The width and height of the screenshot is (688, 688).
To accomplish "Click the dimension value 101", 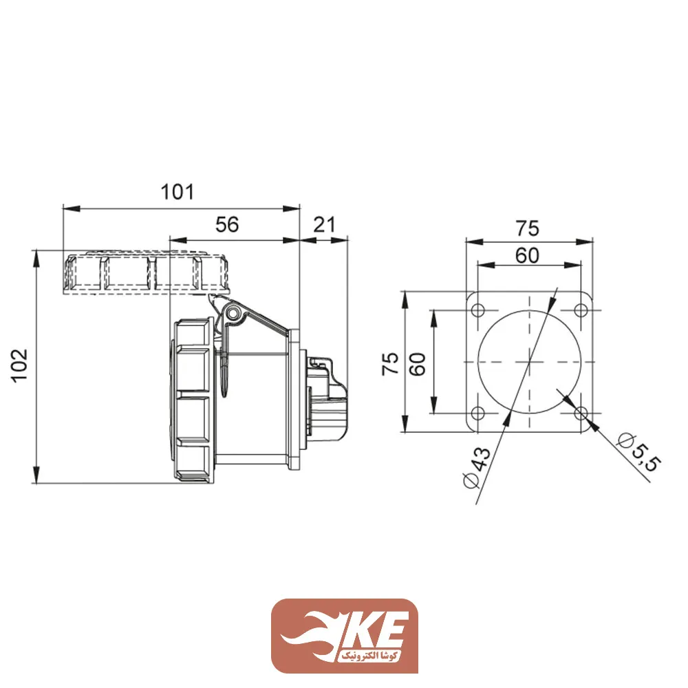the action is pos(178,192).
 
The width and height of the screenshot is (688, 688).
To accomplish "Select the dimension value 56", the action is pos(226,225).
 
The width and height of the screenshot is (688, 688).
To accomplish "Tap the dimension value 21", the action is pos(324,225).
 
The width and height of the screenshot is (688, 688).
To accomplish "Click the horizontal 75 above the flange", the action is pos(528,228).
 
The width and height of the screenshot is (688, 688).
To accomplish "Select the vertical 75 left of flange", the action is pos(389,363).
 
